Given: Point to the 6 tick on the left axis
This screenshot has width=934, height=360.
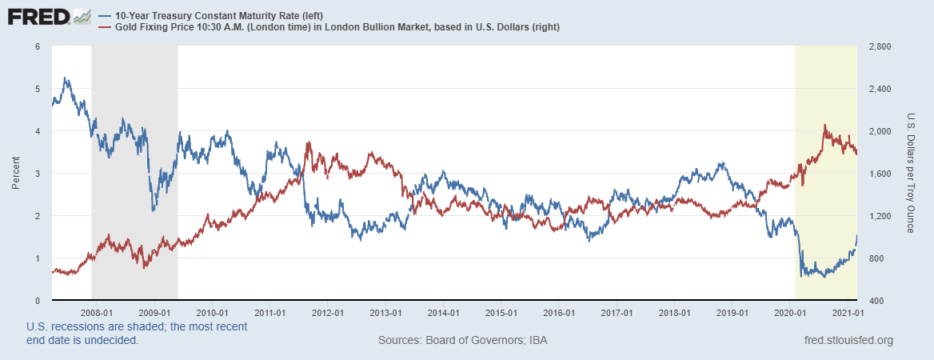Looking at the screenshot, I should pos(38,46).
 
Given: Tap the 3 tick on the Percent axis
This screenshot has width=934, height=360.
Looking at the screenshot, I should pos(38,174).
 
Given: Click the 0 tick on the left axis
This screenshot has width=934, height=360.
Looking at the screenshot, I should pos(38,301).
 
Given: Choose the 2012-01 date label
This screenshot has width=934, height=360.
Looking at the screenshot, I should pos(328,313).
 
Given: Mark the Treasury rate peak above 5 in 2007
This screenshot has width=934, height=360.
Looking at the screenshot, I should pos(66,78).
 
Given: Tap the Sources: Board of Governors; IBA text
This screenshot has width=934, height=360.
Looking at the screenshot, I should pos(462,341).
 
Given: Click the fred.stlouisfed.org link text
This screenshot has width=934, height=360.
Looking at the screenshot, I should pos(848,341).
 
